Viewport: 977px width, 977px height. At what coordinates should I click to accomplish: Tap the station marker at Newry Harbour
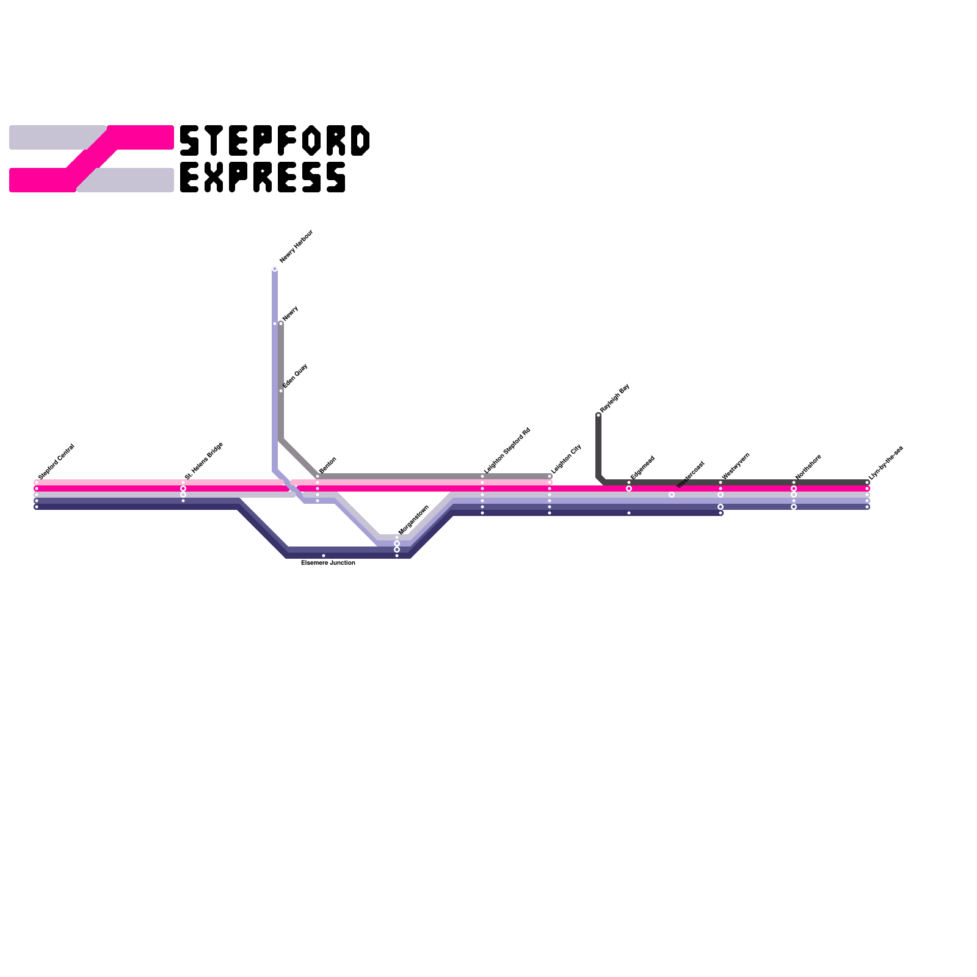coord(275,269)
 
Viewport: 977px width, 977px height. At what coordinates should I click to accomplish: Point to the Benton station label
coord(328,465)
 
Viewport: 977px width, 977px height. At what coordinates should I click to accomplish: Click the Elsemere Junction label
coord(328,562)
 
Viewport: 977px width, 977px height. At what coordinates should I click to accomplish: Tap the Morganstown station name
coord(414,520)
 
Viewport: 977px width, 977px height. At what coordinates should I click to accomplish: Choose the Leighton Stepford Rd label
coord(507,451)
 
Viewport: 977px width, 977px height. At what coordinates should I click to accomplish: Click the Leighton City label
coord(566,459)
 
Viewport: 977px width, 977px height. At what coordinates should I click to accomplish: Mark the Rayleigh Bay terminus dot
coord(598,415)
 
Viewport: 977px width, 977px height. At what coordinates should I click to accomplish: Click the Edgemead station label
coord(642,467)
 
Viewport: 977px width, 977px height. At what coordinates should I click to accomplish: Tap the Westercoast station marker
coord(672,495)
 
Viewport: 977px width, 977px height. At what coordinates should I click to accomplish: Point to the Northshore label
coord(808,467)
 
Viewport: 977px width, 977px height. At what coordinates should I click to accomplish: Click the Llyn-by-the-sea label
coord(886,463)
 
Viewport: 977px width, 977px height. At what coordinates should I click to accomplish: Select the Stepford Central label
coord(56,461)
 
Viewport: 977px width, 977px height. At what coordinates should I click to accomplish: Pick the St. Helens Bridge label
coord(204,460)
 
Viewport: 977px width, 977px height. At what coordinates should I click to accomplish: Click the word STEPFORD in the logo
coord(275,141)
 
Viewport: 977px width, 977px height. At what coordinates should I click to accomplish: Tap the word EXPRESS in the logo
coord(263,178)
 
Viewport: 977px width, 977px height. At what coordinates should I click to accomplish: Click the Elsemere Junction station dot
coord(324,556)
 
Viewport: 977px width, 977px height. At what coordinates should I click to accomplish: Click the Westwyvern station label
coord(736,466)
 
